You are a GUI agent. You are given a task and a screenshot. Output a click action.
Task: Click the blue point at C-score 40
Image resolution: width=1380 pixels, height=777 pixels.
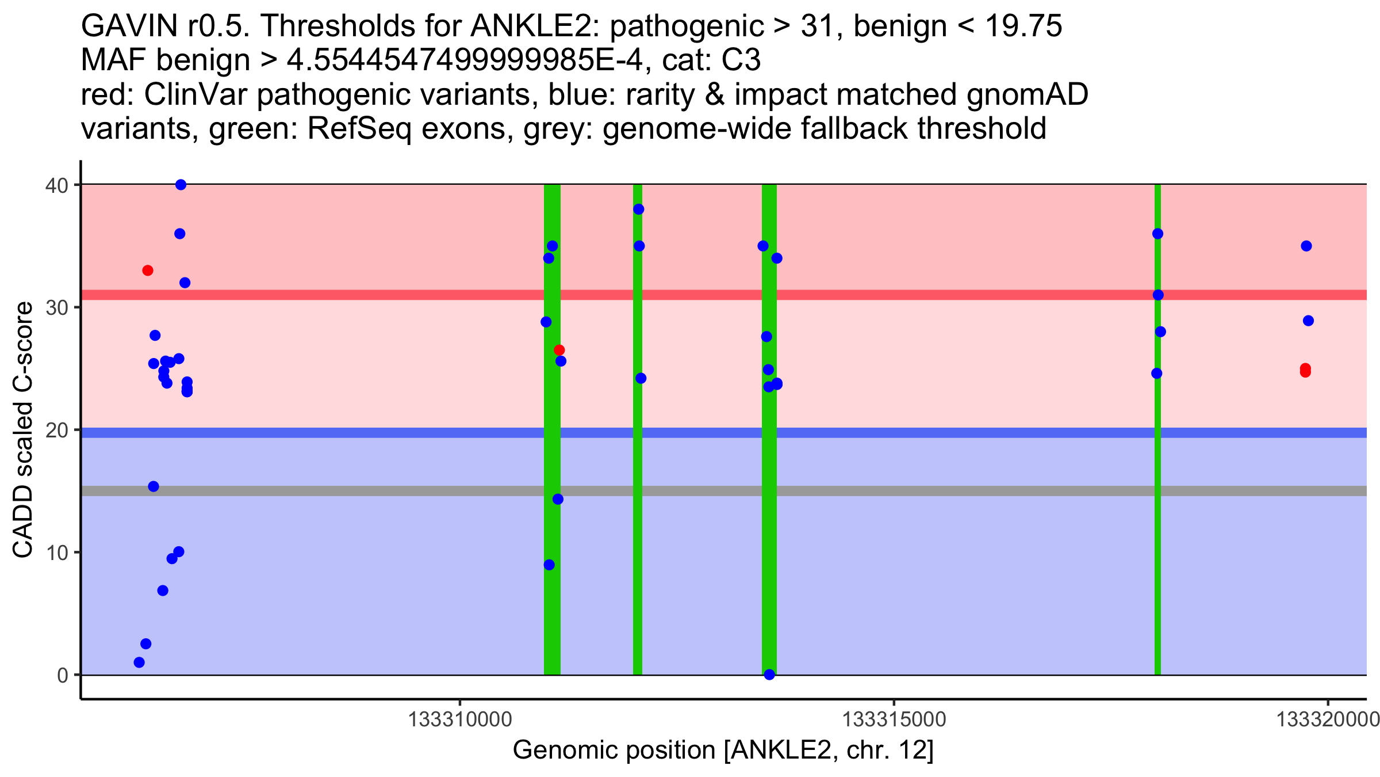click(181, 185)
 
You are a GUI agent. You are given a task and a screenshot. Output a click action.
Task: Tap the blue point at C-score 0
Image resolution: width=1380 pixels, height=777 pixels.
click(769, 675)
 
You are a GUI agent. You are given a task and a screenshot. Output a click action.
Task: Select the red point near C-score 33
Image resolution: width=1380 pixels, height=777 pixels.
click(148, 271)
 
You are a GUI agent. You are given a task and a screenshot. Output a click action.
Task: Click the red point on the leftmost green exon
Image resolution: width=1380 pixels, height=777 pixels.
click(559, 350)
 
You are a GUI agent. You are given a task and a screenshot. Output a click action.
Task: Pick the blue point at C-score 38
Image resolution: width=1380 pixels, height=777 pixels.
click(638, 209)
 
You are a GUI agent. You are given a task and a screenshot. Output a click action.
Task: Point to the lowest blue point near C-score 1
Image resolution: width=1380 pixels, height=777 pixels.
click(139, 662)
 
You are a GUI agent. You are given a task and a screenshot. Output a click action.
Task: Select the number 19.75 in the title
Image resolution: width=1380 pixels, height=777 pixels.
click(1023, 26)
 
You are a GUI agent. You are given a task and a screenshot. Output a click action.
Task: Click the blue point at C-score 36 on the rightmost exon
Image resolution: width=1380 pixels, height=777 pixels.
click(1157, 234)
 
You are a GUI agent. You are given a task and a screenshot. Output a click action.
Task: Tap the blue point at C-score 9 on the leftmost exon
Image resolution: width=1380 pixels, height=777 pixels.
click(549, 565)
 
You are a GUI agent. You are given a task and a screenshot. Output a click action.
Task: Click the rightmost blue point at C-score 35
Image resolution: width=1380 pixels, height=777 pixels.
click(1306, 246)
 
